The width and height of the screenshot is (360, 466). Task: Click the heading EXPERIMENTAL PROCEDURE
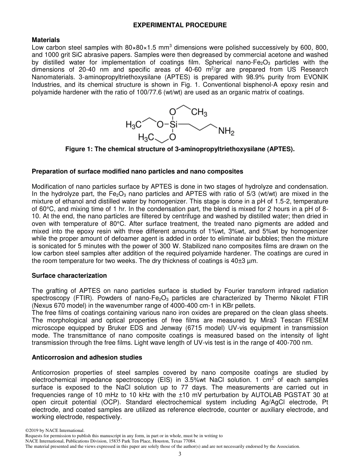[180, 25]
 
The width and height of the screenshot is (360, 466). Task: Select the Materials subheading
[45, 40]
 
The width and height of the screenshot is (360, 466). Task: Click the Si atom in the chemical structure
[173, 124]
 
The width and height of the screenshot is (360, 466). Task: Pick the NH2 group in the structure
[226, 132]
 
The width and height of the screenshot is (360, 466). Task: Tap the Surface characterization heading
[69, 275]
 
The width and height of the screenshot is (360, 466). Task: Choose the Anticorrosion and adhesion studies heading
[87, 357]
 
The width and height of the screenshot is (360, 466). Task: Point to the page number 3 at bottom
[180, 454]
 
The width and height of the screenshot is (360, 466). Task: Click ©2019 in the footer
[32, 430]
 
